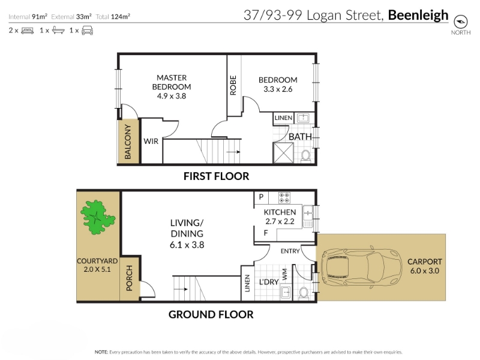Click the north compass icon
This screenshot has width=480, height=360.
pyautogui.click(x=460, y=22)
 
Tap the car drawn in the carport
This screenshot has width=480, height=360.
pyautogui.click(x=362, y=267)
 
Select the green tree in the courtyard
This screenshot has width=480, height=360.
pyautogui.click(x=98, y=217)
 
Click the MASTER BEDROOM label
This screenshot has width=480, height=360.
pyautogui.click(x=172, y=82)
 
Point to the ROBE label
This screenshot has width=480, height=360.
pyautogui.click(x=233, y=85)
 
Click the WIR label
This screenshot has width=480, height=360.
pyautogui.click(x=151, y=142)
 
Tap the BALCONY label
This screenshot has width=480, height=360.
pyautogui.click(x=128, y=142)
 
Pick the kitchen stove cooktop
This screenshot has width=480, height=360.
pyautogui.click(x=284, y=197)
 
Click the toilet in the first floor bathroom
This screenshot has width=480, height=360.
pyautogui.click(x=305, y=156)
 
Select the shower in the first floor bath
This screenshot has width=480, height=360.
pyautogui.click(x=283, y=153)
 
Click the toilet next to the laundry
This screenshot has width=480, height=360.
pyautogui.click(x=304, y=293)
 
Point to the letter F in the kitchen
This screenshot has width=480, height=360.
pyautogui.click(x=266, y=233)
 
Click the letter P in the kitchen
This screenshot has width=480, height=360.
pyautogui.click(x=261, y=197)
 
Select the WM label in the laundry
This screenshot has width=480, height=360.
pyautogui.click(x=284, y=274)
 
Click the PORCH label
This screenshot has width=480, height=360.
pyautogui.click(x=129, y=278)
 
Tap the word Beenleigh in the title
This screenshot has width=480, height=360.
pyautogui.click(x=418, y=16)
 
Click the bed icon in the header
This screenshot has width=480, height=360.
pyautogui.click(x=27, y=31)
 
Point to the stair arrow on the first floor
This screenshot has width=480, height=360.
pyautogui.click(x=233, y=152)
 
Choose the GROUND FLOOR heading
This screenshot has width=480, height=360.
pyautogui.click(x=211, y=314)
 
